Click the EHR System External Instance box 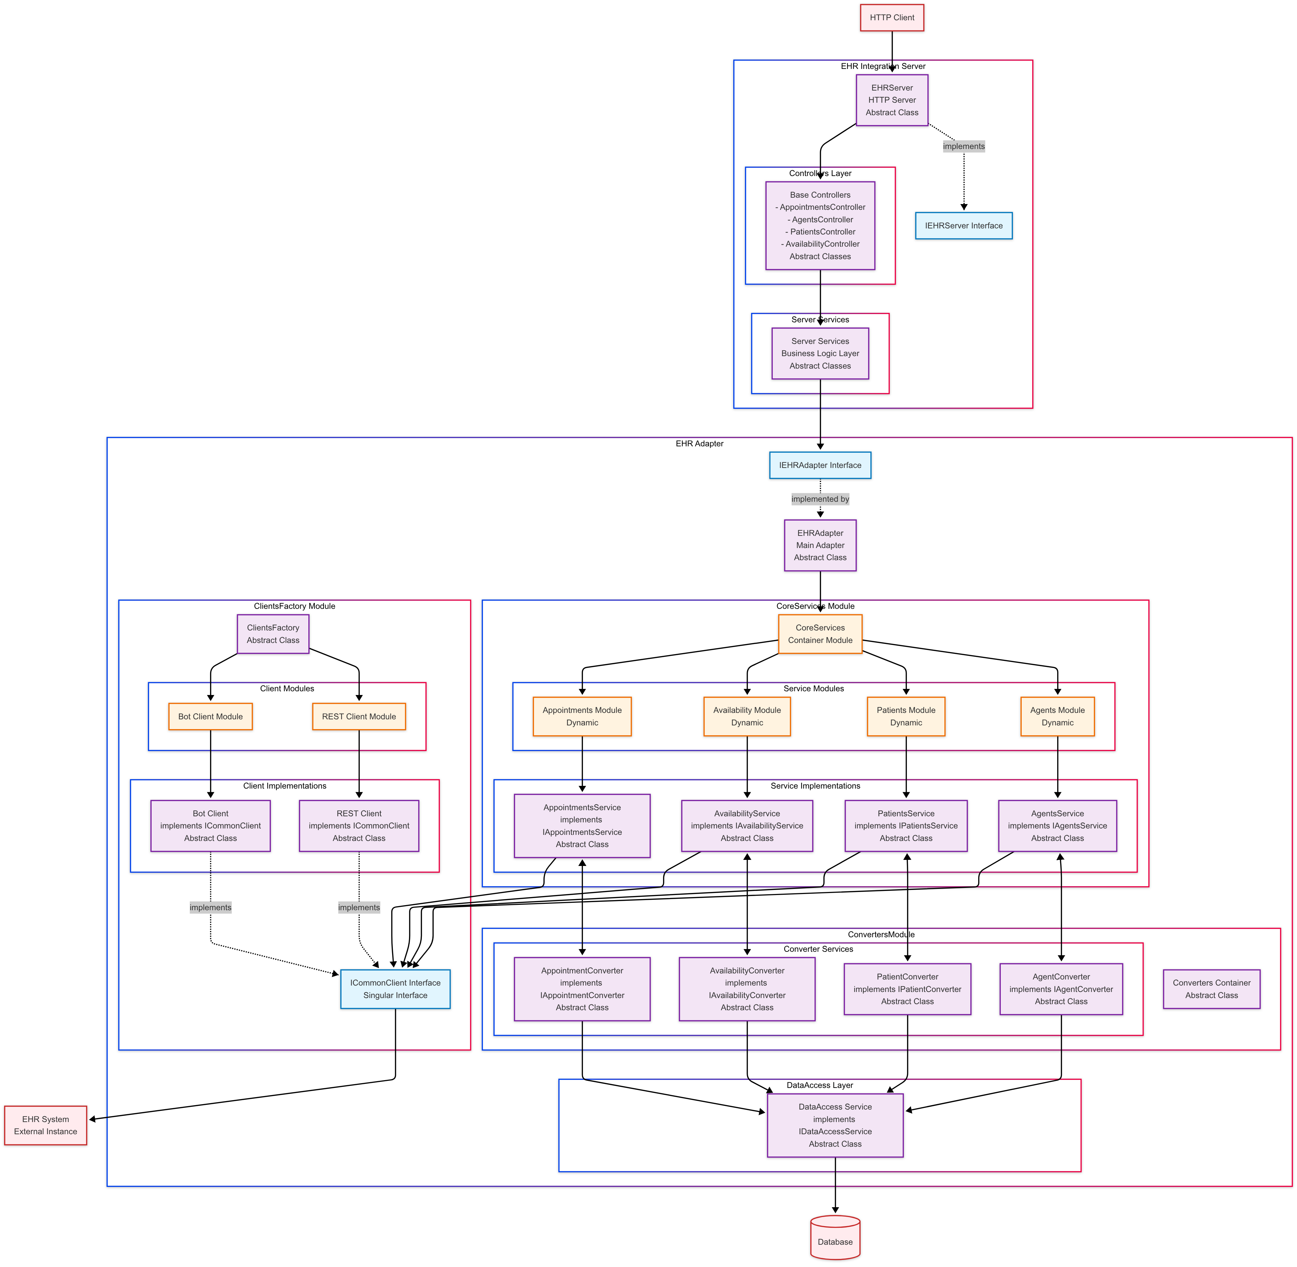[x=45, y=1125]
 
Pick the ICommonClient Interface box [x=395, y=989]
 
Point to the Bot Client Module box [x=210, y=717]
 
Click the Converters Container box [x=1211, y=989]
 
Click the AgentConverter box [x=1061, y=989]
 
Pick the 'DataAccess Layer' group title [x=819, y=1085]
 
